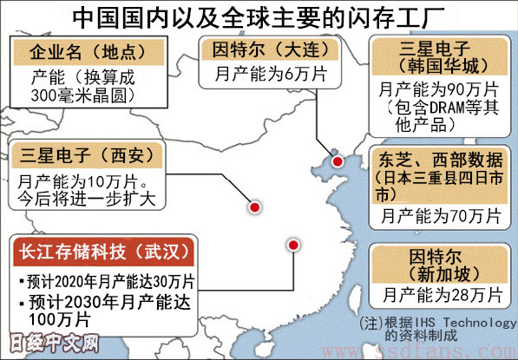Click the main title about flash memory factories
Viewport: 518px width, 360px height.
click(259, 16)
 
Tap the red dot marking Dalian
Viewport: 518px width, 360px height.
click(338, 160)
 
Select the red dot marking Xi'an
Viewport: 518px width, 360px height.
click(255, 207)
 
